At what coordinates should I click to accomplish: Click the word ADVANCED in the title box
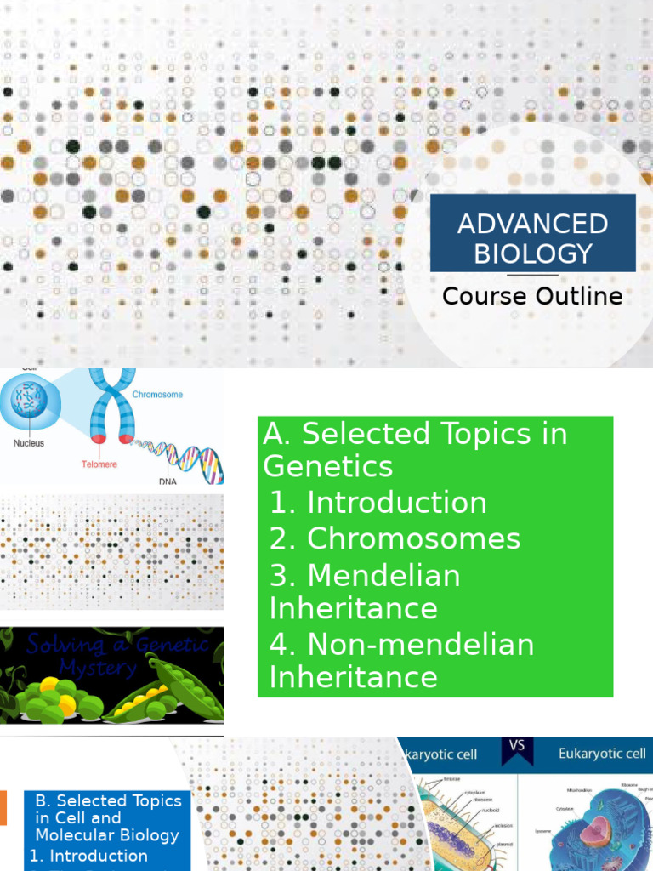pos(532,224)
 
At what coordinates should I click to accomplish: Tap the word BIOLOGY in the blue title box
pos(532,253)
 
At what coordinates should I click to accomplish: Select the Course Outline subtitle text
pos(532,296)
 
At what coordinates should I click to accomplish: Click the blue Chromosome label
pos(157,395)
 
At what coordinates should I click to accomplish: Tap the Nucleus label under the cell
pos(28,443)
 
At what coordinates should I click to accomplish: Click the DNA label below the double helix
pos(168,481)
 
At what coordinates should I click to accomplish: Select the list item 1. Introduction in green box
pos(378,503)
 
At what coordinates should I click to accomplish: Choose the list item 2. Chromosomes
pos(395,538)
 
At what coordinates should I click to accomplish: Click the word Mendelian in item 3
pos(383,575)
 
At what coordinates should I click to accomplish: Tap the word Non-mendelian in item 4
pos(420,644)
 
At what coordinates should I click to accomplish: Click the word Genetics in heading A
pos(328,466)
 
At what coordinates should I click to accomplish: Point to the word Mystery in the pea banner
pos(98,669)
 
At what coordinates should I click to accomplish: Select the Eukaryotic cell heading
pos(602,754)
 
